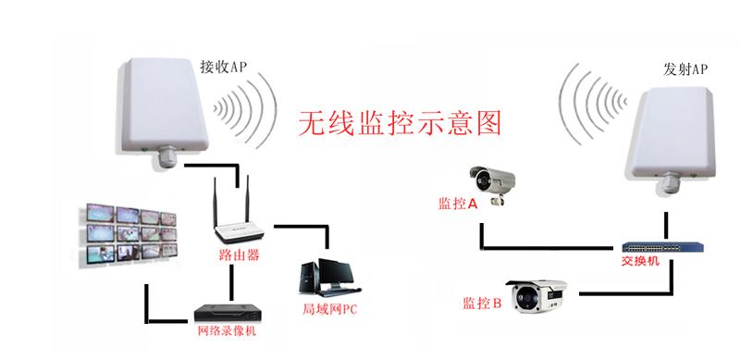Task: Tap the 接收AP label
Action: coord(224,67)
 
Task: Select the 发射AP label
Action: coord(685,69)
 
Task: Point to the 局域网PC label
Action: coord(329,308)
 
